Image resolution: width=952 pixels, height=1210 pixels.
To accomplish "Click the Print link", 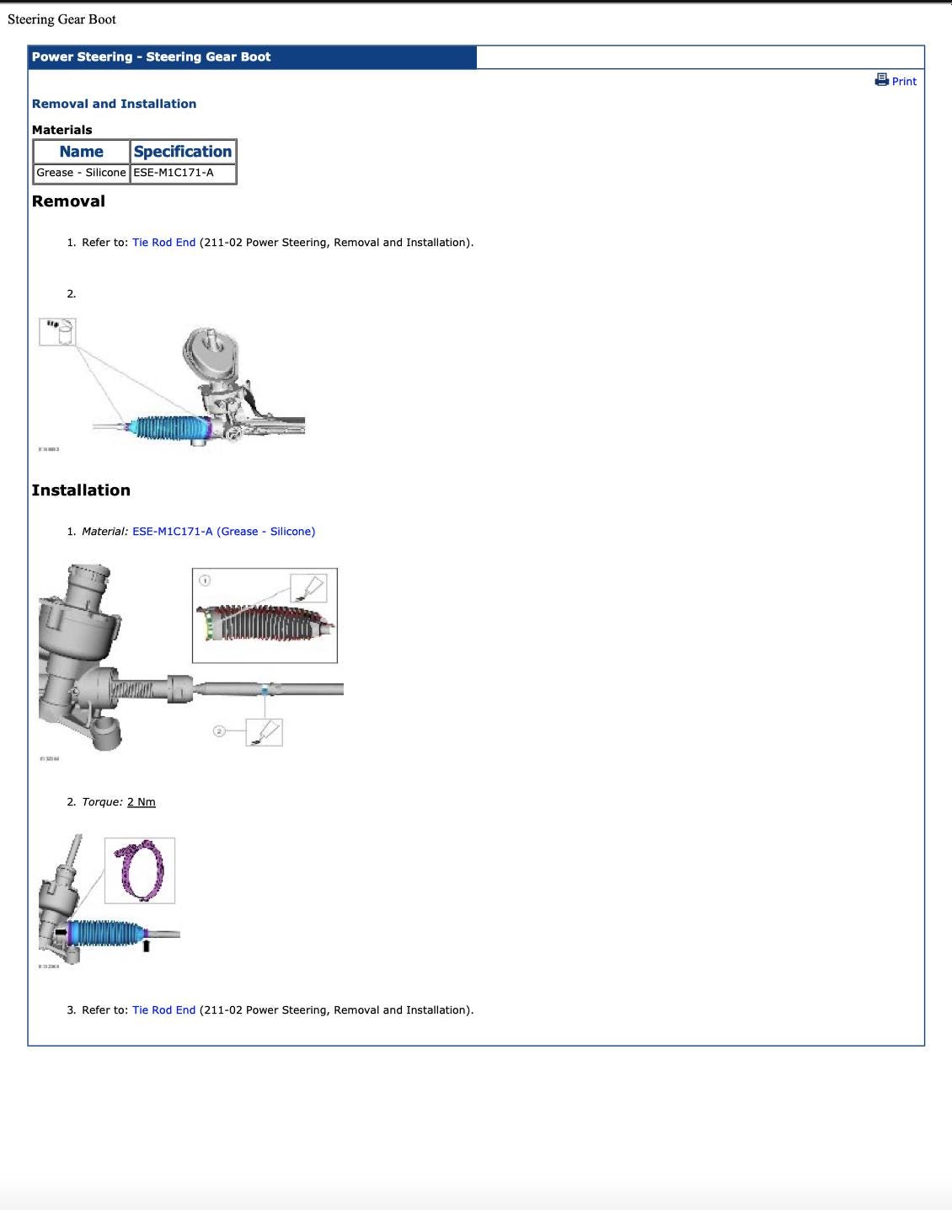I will click(904, 82).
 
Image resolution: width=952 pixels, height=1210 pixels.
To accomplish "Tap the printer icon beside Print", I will click(881, 80).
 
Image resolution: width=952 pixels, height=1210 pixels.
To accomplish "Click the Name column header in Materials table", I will click(82, 152).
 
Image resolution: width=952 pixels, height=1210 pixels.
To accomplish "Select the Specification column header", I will click(182, 152).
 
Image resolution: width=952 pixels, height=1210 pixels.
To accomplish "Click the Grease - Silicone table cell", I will click(81, 173).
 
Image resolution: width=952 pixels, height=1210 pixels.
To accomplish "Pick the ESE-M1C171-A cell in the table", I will click(174, 173).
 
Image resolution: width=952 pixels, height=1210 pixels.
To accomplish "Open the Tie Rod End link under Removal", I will click(163, 243).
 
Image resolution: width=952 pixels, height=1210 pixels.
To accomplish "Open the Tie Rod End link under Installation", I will click(163, 1010).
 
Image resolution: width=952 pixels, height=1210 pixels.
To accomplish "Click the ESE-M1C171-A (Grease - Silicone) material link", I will click(223, 532).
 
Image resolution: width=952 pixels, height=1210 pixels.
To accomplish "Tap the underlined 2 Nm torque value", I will click(142, 802).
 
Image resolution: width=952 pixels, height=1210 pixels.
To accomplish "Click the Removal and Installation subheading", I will click(114, 104).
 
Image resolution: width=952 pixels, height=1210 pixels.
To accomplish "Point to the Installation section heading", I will click(81, 490).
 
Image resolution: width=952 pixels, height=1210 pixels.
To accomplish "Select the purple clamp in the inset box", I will click(141, 870).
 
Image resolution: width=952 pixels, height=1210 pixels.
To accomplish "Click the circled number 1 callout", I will click(205, 580).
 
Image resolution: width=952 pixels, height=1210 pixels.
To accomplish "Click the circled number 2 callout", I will click(219, 731).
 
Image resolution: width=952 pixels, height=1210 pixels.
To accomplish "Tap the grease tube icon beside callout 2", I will click(265, 731).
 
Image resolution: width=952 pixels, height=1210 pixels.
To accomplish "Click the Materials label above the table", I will click(62, 130).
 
